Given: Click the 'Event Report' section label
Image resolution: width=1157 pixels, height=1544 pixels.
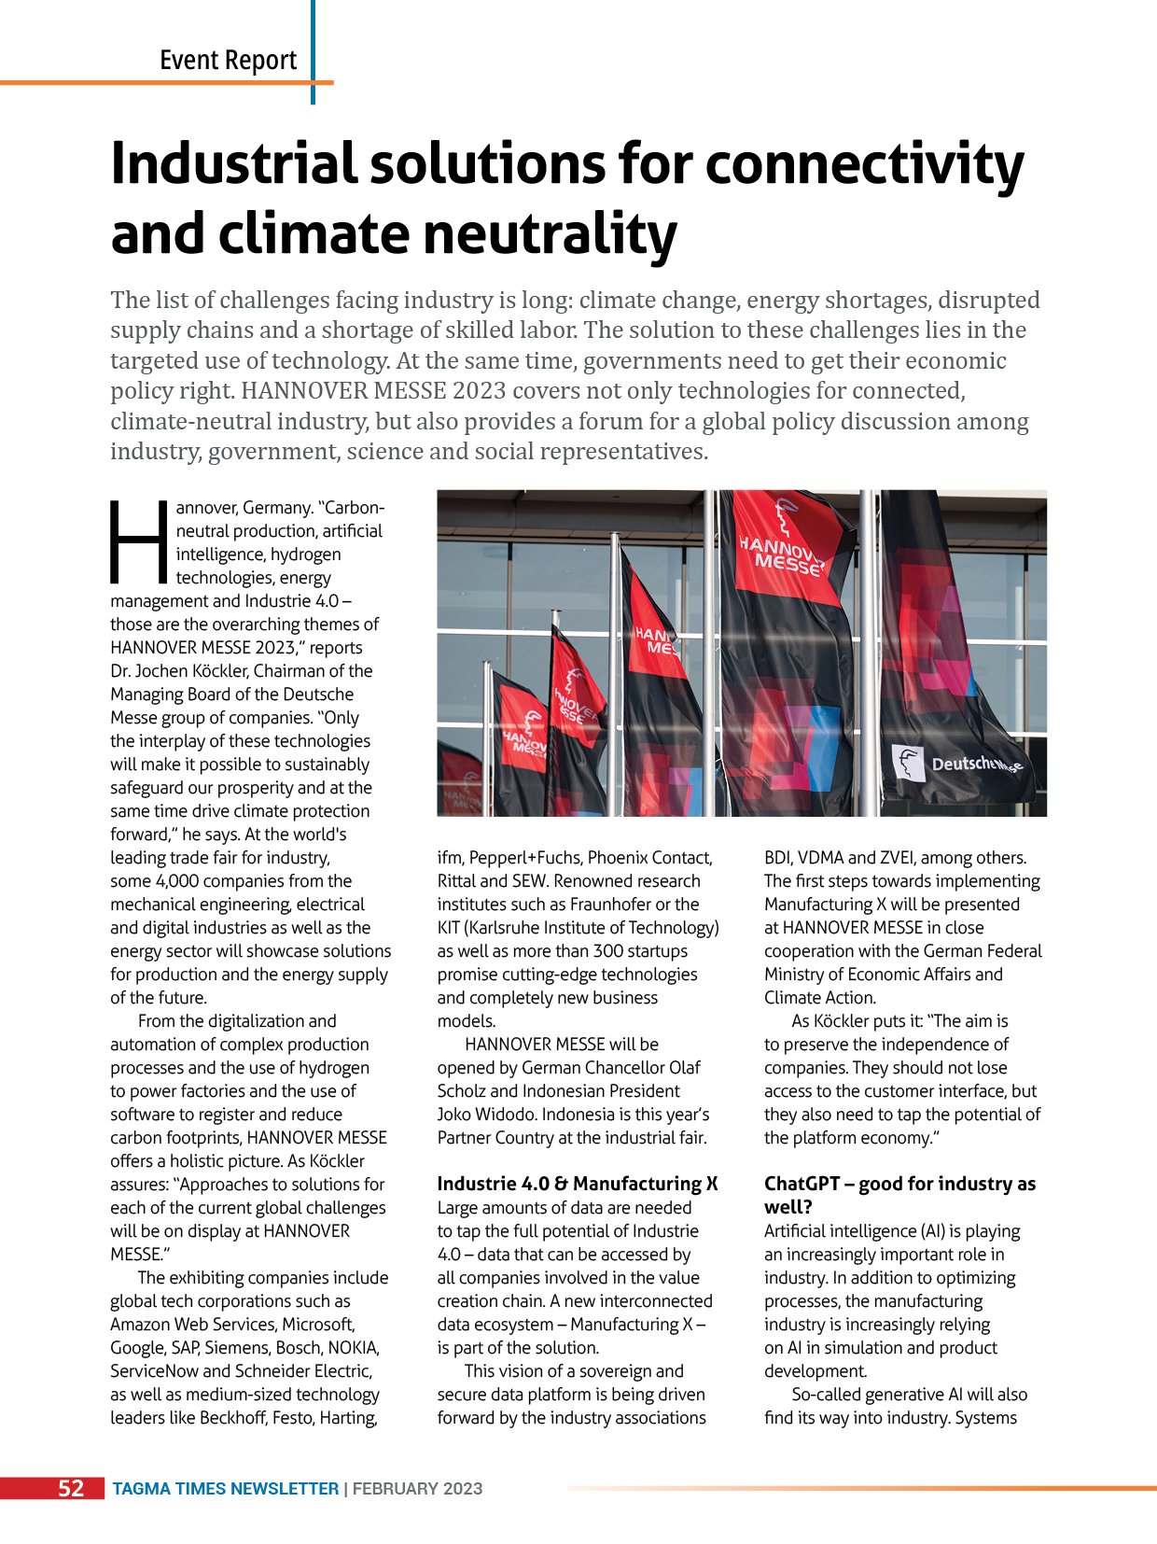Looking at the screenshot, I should (x=228, y=61).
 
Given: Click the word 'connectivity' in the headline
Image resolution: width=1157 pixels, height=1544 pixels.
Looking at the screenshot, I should (x=864, y=164).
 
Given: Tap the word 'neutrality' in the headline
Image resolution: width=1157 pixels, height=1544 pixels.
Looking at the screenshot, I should (x=550, y=234).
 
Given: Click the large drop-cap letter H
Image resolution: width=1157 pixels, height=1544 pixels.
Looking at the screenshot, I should (x=139, y=540).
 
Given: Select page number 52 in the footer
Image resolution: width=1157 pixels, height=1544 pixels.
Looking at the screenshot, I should (x=71, y=1488).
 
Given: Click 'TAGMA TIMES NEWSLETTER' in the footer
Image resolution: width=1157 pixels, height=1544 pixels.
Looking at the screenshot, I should (x=225, y=1489).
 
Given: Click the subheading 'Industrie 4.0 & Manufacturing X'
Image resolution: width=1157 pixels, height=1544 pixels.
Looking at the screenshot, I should (x=577, y=1184).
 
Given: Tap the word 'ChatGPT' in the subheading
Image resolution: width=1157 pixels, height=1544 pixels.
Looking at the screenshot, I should (x=802, y=1184).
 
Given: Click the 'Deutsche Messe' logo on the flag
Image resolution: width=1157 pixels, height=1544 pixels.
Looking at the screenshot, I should (x=956, y=765).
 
